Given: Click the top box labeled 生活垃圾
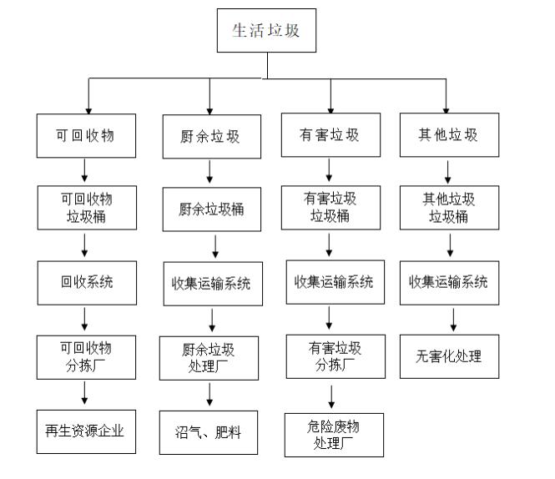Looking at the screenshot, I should (265, 32).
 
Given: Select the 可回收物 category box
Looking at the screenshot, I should (85, 135).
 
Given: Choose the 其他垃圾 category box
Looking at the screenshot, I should (448, 135).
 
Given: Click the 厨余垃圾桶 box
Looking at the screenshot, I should (209, 209).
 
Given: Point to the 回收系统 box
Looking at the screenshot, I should (85, 282).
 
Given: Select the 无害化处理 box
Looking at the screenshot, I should (448, 357).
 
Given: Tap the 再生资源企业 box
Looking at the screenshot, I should (85, 431).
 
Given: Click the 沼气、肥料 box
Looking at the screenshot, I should (209, 432).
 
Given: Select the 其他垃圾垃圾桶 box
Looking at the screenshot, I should (448, 208).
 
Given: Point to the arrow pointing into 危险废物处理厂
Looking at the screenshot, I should (333, 396).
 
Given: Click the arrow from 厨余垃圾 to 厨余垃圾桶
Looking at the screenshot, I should (209, 171).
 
